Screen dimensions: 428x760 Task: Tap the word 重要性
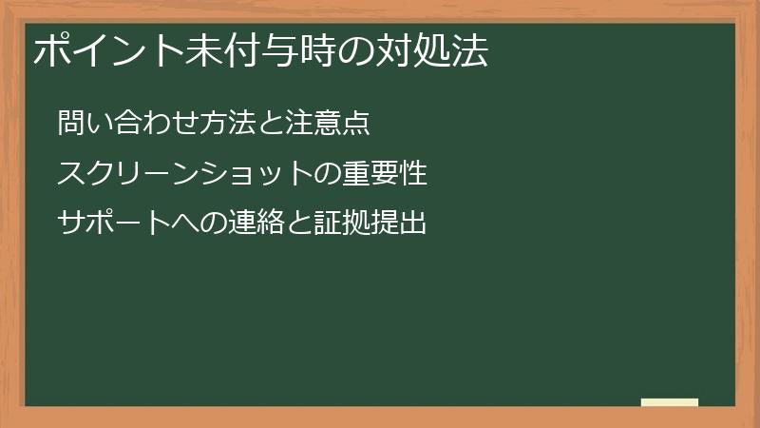(388, 174)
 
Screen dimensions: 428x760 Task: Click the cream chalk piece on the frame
(669, 402)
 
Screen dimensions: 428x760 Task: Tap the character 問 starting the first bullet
(70, 124)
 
